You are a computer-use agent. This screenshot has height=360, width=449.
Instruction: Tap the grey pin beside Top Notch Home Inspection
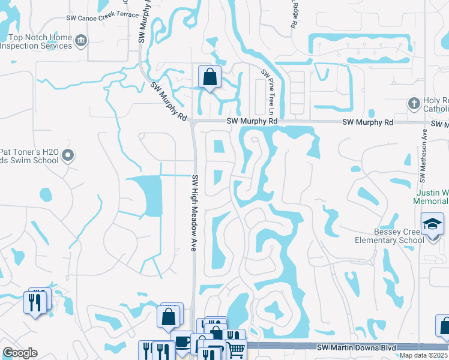[82, 41]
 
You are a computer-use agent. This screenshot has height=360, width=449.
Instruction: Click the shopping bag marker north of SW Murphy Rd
[209, 77]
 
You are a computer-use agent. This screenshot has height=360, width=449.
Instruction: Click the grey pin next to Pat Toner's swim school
[68, 156]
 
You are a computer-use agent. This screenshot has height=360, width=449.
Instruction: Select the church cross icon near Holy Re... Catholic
[413, 104]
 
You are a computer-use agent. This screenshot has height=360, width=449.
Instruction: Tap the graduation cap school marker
[432, 224]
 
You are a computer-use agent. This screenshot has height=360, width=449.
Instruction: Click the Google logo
[20, 353]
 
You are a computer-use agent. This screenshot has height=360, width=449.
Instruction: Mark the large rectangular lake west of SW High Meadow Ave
[148, 196]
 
